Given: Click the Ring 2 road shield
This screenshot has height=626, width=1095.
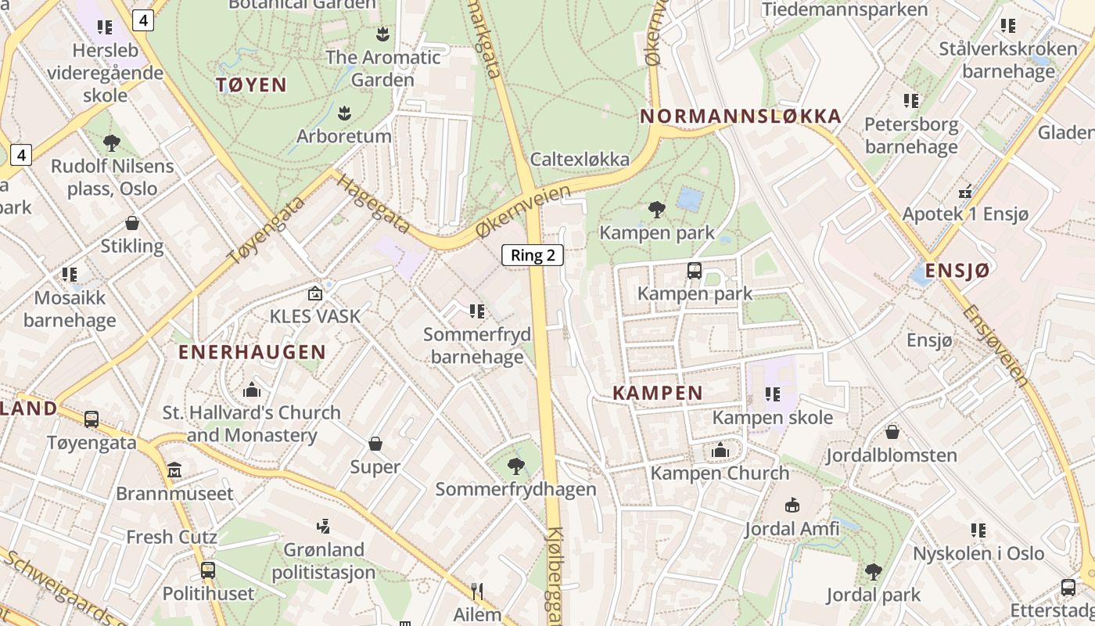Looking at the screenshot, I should point(533,254).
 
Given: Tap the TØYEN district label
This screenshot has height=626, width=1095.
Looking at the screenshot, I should point(251,85).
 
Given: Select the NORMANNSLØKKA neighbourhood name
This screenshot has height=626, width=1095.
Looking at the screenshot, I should point(741,117).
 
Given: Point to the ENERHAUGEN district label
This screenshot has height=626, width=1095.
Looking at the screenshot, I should point(252,352).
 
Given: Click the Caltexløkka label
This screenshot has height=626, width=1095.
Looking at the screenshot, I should point(580,159).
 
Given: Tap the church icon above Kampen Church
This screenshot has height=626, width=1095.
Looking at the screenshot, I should point(720,450).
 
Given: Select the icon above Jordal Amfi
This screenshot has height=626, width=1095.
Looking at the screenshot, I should point(792,505).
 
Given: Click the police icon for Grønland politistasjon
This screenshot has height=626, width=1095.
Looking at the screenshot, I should point(323,525).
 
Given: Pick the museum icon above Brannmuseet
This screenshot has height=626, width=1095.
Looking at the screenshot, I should point(174,470).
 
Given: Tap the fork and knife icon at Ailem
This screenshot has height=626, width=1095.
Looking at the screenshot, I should point(477,591).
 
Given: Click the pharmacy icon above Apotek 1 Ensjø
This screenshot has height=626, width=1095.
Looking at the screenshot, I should point(965,191).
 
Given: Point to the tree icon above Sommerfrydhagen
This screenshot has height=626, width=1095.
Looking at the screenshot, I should point(515,466).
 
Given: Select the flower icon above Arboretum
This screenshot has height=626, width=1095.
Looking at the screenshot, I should point(344,113).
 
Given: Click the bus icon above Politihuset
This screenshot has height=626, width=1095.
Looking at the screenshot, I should point(208,570).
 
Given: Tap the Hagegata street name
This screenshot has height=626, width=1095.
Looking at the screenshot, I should point(373,203).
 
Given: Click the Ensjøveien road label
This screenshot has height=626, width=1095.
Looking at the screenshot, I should point(996,344).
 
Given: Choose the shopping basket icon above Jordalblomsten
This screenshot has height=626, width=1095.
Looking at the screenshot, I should point(892,431).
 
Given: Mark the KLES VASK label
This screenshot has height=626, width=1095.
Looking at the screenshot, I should point(314,316).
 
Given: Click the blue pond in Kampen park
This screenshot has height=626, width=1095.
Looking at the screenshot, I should point(690,199).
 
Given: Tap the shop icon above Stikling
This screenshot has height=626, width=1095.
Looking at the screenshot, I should point(132,223).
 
